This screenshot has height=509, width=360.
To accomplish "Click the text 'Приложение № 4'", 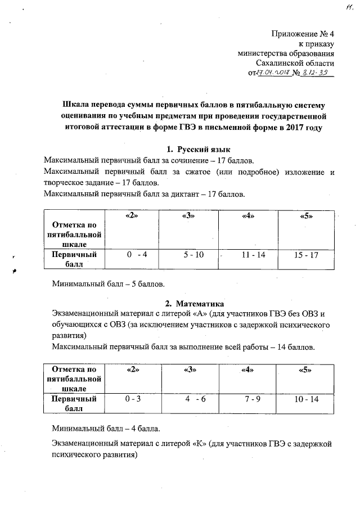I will coord(303,34).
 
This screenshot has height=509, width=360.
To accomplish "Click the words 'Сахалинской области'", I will coord(295,64).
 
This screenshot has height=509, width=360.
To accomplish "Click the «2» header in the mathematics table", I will coord(133,370).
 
